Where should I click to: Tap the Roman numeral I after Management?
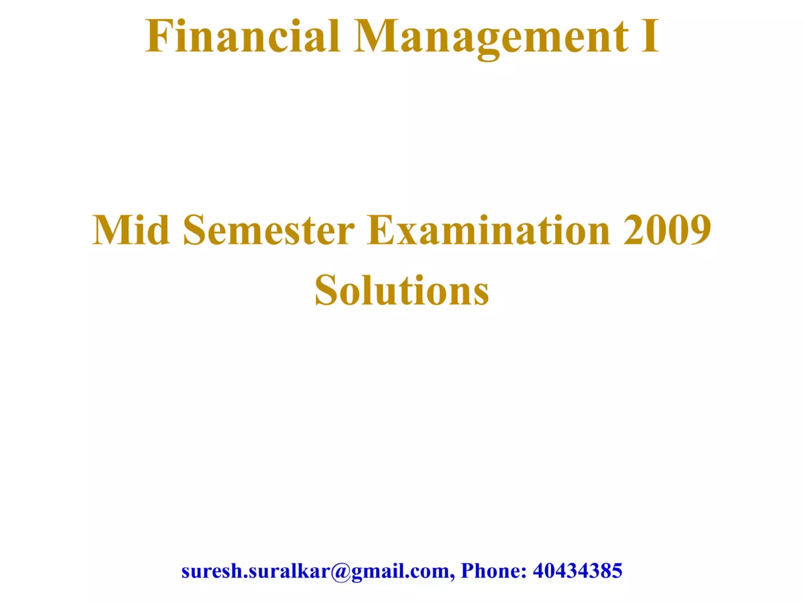point(650,36)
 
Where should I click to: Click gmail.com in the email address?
point(400,571)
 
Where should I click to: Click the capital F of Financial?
point(158,36)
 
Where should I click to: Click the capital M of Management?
point(375,36)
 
